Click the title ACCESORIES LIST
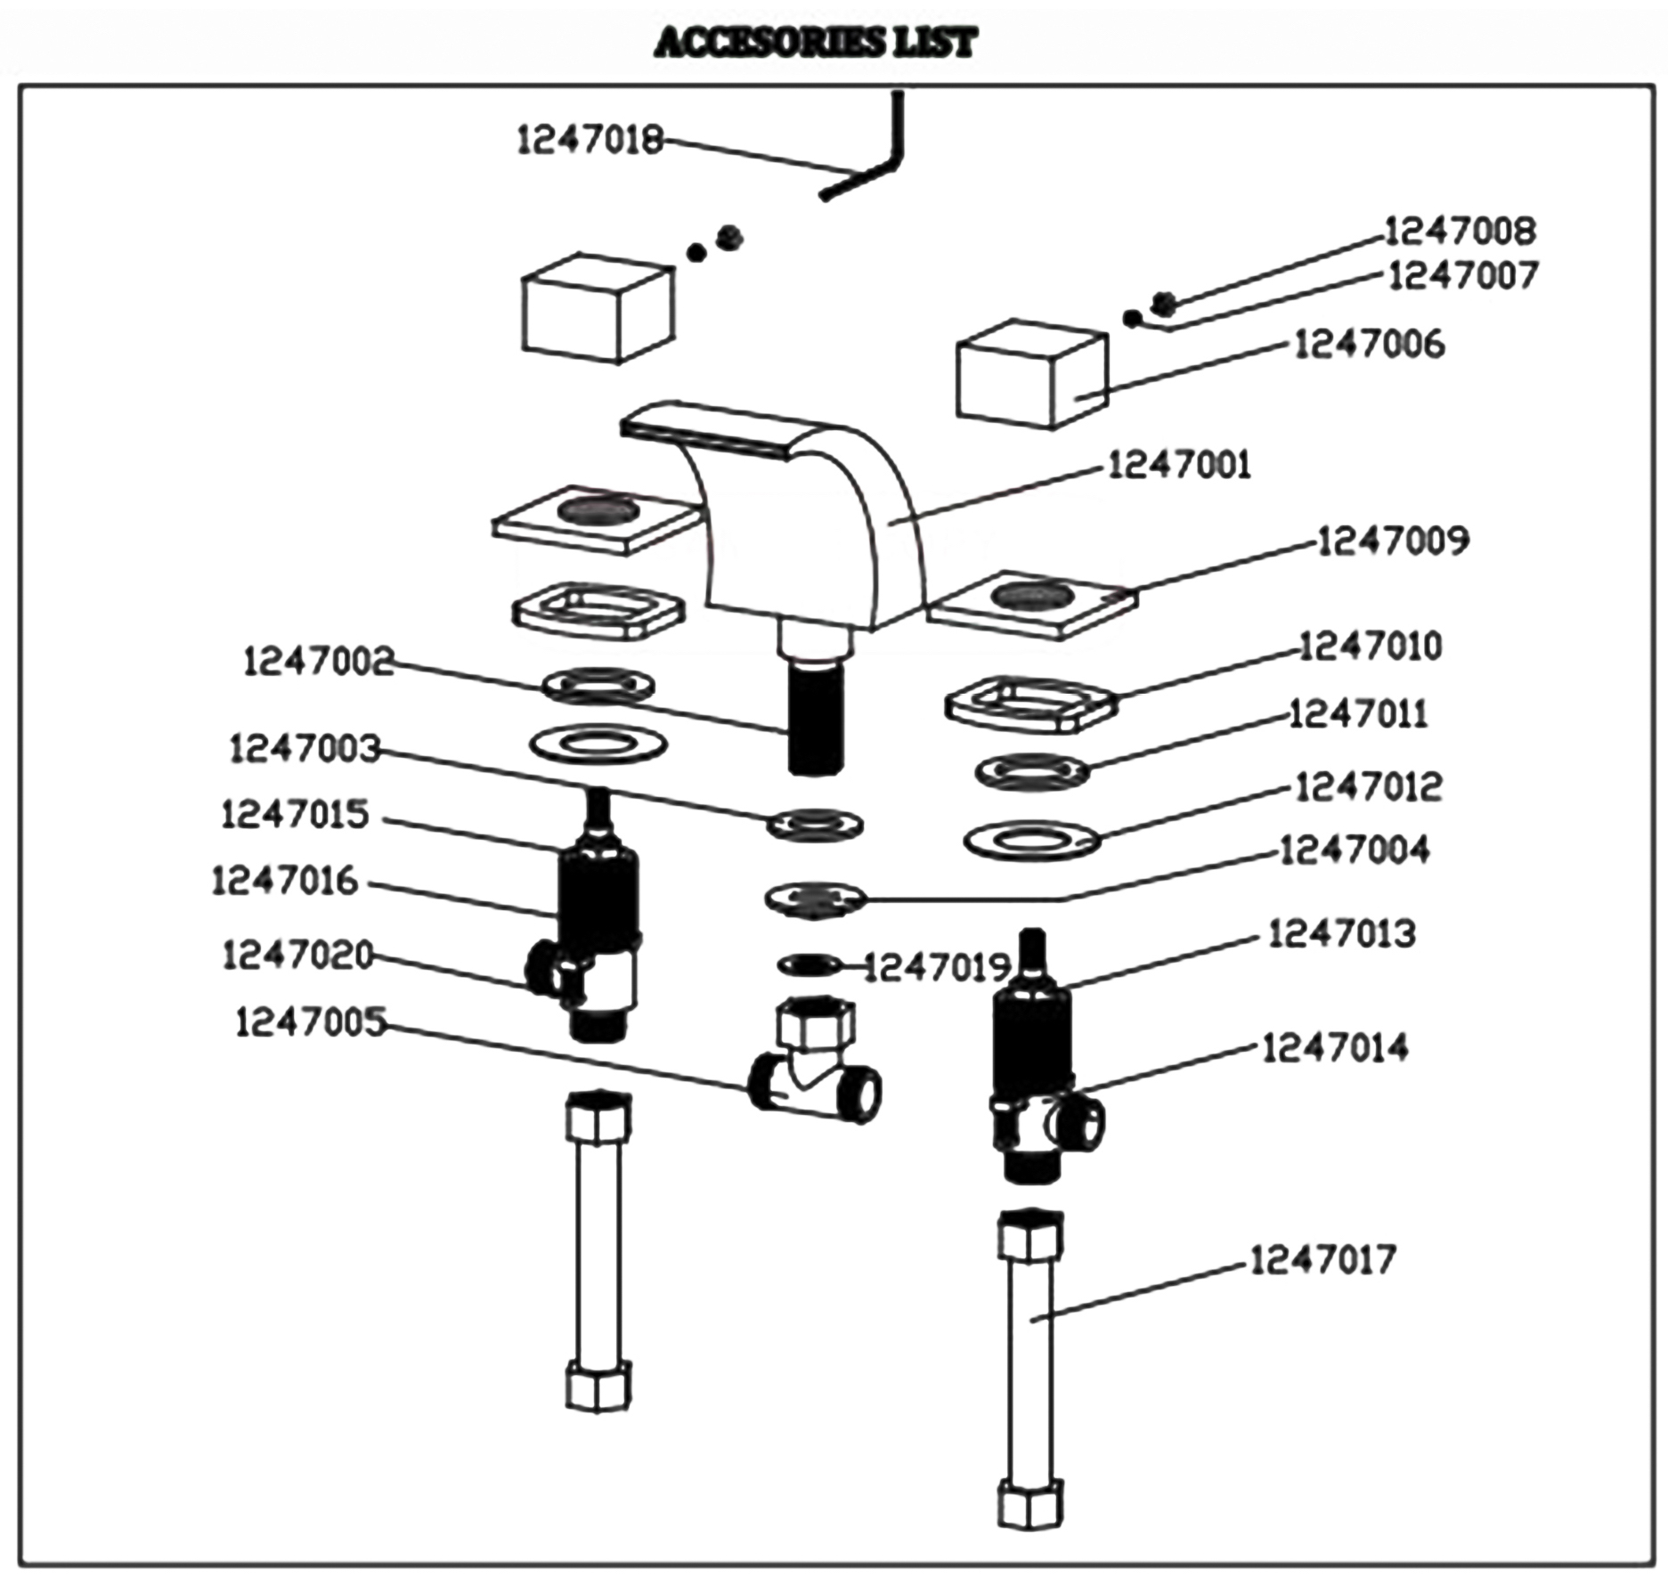815,43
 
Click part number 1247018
590,140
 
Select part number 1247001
1178,465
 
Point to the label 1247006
1369,345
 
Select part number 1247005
311,1022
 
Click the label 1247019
938,967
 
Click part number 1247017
1322,1260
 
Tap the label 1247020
297,956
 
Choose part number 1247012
1367,787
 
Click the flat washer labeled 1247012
1031,839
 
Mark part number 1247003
305,749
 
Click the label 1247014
1335,1048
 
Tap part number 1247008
1460,232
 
